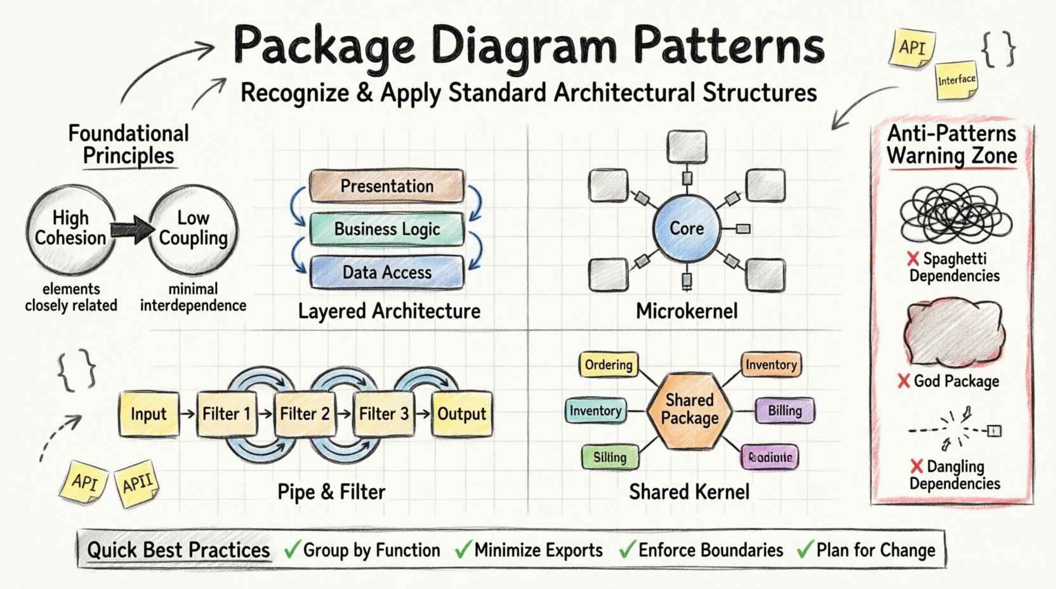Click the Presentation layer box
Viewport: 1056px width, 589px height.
(386, 186)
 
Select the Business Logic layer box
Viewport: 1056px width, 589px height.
(386, 229)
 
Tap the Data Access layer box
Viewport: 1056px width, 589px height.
(386, 272)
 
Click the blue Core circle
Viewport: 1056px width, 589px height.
(687, 228)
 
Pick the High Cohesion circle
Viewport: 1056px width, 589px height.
(70, 228)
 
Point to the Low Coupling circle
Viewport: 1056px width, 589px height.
(193, 228)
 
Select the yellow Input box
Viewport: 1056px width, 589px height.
(148, 414)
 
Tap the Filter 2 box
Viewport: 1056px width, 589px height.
(305, 414)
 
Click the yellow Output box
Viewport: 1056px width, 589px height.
(461, 414)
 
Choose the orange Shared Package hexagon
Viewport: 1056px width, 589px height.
(689, 410)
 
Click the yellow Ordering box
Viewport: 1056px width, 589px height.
(609, 365)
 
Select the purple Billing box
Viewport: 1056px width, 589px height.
(784, 411)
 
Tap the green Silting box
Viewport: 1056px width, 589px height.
(609, 457)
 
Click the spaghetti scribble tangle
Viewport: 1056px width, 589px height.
(954, 215)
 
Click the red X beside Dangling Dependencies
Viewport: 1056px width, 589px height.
(916, 467)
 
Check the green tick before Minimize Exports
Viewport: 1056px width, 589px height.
(463, 550)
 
